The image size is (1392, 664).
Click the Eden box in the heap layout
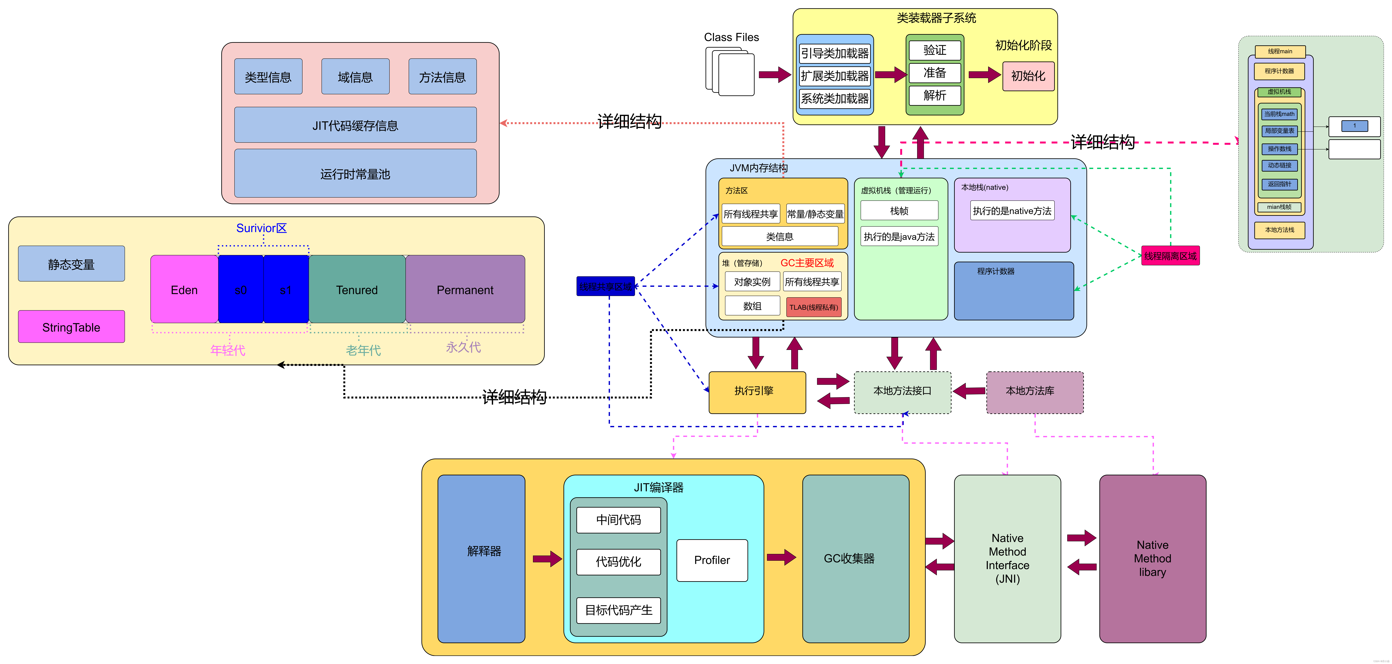point(184,290)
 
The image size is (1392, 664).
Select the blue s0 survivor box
point(241,290)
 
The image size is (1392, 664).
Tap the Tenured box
point(357,290)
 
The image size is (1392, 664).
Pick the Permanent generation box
point(465,290)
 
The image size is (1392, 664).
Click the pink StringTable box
point(71,327)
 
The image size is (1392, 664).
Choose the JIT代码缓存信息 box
point(355,125)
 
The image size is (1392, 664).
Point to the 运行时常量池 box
point(355,174)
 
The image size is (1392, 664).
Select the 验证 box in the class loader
point(934,50)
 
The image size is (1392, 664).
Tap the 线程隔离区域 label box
point(1170,255)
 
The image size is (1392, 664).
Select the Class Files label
point(731,37)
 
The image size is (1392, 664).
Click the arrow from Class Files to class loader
point(774,75)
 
